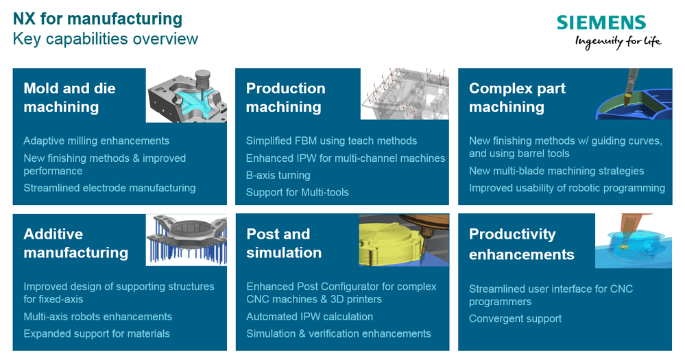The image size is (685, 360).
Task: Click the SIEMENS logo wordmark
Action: click(601, 22)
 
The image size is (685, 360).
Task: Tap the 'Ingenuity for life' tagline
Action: click(618, 42)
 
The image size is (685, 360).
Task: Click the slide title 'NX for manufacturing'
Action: click(97, 19)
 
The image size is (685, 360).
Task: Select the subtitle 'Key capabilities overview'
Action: click(106, 39)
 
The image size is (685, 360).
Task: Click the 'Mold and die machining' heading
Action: click(69, 97)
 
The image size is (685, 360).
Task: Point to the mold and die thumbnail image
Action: click(187, 95)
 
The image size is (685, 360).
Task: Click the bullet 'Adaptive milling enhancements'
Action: click(96, 141)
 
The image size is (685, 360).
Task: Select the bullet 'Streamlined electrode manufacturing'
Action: click(110, 188)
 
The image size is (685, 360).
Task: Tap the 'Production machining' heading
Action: click(286, 97)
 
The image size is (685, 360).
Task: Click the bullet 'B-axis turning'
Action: click(278, 175)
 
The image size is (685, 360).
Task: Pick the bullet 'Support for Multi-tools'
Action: click(298, 192)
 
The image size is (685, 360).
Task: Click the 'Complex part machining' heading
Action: click(517, 97)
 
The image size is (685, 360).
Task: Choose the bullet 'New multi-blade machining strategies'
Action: click(557, 171)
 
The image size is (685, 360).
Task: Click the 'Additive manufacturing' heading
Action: click(76, 243)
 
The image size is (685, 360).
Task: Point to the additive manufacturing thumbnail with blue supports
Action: click(187, 240)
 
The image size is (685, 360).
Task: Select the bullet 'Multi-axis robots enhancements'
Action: click(98, 316)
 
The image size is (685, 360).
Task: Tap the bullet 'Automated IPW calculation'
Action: click(310, 316)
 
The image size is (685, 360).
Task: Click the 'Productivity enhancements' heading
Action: click(522, 244)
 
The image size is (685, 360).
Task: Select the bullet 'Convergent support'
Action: click(516, 318)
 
